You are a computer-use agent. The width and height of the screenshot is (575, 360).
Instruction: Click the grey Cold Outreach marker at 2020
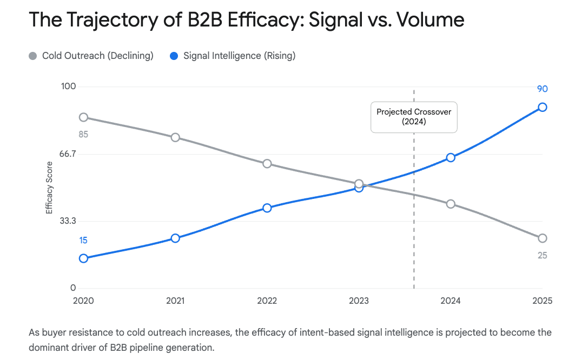coord(83,117)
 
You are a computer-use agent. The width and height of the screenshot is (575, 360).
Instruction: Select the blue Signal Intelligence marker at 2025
coord(542,107)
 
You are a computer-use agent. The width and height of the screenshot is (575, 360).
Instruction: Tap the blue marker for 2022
coord(267,208)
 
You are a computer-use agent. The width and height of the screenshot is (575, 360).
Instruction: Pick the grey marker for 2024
coord(451,204)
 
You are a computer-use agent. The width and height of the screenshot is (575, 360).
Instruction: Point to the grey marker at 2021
coord(175,137)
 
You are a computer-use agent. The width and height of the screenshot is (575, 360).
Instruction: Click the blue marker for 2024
coord(451,157)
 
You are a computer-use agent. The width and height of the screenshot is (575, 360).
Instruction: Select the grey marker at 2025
coord(542,238)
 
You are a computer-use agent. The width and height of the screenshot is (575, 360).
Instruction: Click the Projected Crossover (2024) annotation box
coord(414,117)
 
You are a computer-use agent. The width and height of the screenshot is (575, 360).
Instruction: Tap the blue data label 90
coord(542,89)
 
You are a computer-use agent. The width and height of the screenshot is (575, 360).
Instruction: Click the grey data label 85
coord(83,134)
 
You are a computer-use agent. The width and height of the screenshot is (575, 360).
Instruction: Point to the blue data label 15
coord(83,241)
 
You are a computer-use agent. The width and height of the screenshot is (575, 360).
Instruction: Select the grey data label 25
coord(542,255)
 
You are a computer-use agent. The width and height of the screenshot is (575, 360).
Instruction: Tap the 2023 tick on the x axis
coord(359,301)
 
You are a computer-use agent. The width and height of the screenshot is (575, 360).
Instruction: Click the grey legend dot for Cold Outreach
coord(33,56)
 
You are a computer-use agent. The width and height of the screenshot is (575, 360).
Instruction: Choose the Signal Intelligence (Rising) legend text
coord(239,56)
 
